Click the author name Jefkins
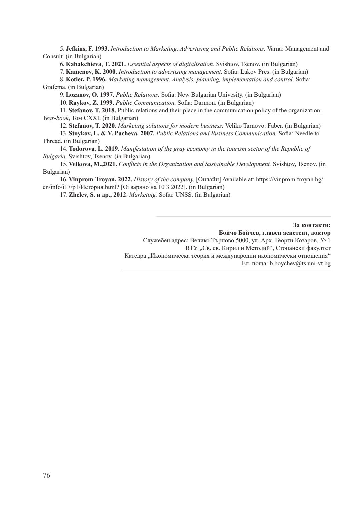[x=75, y=49]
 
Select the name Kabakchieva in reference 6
[x=83, y=64]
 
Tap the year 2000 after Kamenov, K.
[x=110, y=72]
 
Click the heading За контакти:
[x=312, y=225]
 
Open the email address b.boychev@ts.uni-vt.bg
[x=300, y=263]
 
